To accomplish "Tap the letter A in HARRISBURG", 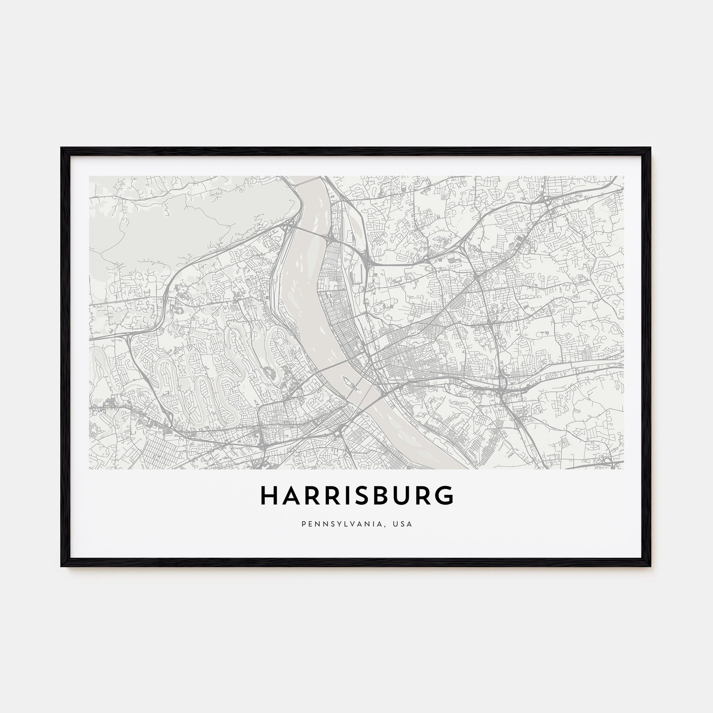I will pyautogui.click(x=292, y=495).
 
